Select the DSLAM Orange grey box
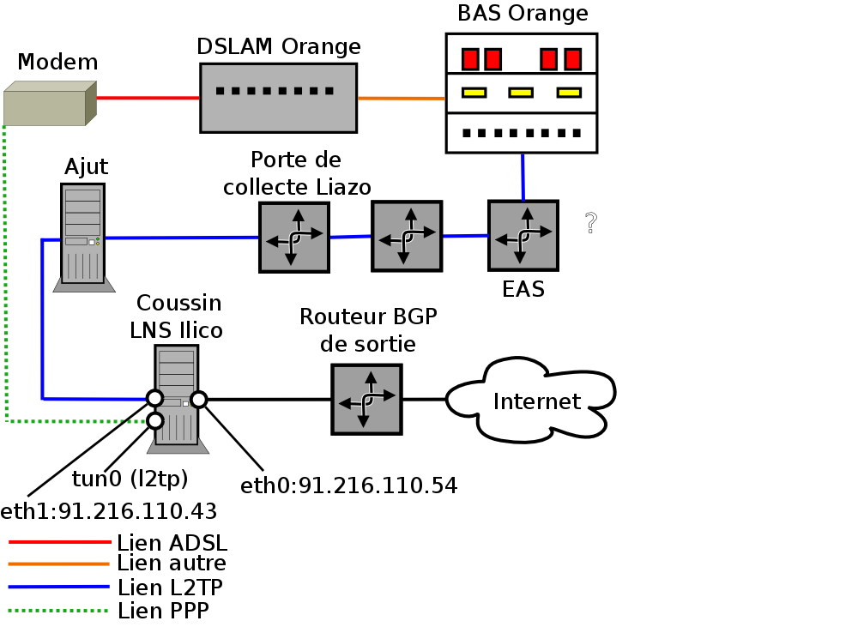tap(279, 98)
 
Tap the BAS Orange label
tap(523, 14)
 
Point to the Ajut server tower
tap(83, 233)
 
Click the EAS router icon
tap(523, 235)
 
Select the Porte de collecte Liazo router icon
tap(294, 238)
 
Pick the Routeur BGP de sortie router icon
tap(366, 399)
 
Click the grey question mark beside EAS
tap(590, 223)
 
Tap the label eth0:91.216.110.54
tap(348, 486)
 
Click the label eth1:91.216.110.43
tap(108, 512)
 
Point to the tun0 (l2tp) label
tap(130, 478)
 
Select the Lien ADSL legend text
tap(172, 542)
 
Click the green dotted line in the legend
tap(59, 611)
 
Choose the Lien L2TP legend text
tap(171, 588)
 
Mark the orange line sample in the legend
tap(59, 564)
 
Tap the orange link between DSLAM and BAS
tap(402, 99)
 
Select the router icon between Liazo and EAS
tap(407, 236)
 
